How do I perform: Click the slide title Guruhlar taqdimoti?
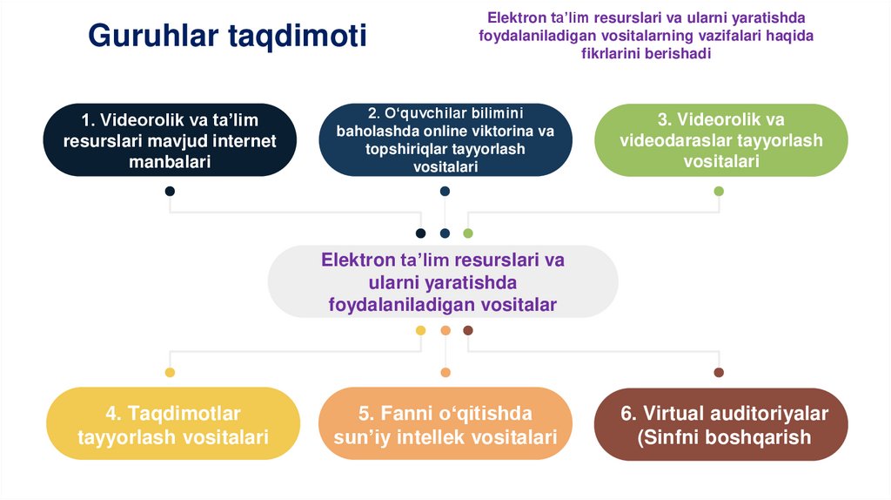(227, 36)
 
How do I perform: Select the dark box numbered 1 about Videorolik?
(170, 140)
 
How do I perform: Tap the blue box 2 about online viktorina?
(445, 140)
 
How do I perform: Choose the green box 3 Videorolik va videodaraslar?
(720, 140)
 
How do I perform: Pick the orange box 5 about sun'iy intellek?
(445, 425)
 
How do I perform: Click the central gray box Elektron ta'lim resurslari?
(443, 281)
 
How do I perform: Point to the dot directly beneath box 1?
(170, 191)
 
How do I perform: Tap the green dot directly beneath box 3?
(719, 191)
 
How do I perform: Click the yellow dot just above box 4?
(170, 373)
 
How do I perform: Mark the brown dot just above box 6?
(719, 373)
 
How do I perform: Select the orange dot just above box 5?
(445, 373)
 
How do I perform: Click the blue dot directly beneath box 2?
(445, 191)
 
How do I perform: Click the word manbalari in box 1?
(170, 162)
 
